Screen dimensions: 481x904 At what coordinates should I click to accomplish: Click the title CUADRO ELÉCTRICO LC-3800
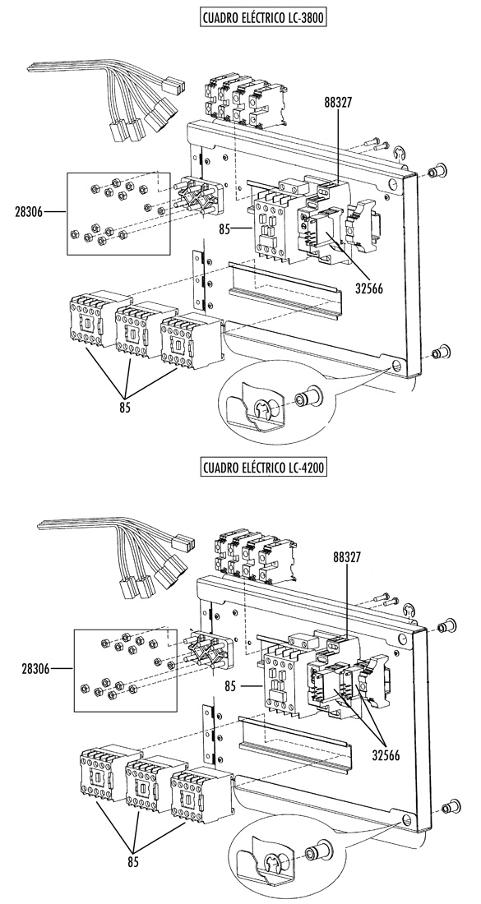click(264, 17)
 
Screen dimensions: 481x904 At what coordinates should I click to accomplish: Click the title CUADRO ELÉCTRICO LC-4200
click(264, 467)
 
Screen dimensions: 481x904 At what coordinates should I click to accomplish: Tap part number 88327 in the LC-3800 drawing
click(338, 103)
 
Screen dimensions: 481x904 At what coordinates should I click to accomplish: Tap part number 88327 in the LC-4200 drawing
click(348, 557)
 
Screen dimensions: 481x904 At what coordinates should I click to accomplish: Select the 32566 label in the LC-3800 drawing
click(369, 286)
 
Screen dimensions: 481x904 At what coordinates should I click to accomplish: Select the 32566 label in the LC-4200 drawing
click(386, 755)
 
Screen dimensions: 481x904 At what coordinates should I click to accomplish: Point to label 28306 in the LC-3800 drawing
click(29, 212)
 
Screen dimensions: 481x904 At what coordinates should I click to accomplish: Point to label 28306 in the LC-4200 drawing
click(35, 669)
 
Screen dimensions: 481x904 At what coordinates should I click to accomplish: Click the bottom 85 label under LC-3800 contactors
click(125, 407)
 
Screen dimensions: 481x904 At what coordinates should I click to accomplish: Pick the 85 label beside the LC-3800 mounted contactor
click(225, 229)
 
